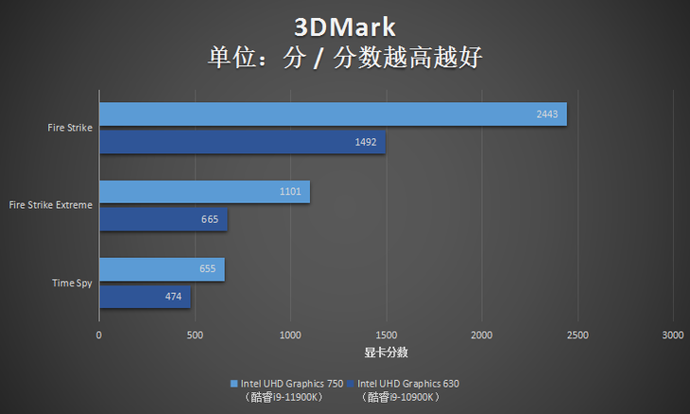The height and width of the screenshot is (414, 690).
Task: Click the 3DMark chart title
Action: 345,25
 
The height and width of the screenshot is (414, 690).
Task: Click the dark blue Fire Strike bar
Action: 241,142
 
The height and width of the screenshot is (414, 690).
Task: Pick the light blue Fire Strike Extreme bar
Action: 203,192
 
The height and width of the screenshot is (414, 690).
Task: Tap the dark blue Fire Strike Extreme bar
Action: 163,219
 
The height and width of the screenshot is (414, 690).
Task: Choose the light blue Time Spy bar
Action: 161,269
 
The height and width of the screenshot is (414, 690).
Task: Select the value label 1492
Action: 366,142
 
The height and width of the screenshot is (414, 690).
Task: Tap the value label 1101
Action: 290,192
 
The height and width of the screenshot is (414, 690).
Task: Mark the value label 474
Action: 173,296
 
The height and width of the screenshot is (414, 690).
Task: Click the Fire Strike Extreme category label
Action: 50,204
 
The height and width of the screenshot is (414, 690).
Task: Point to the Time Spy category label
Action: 71,283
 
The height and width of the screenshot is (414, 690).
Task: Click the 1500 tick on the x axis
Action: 386,336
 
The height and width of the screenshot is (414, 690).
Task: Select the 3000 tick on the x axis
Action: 672,336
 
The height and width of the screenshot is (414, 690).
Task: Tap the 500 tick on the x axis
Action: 195,336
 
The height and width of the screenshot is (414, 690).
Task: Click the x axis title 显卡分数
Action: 386,353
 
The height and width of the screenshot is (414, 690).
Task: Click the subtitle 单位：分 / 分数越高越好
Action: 345,58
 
